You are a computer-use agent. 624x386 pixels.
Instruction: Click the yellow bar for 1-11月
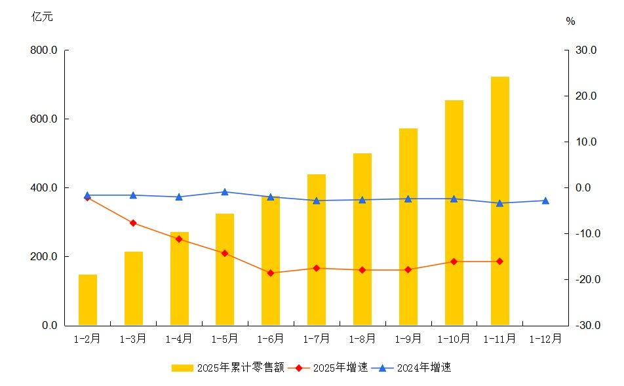click(x=499, y=201)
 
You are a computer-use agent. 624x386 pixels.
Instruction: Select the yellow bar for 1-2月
click(x=88, y=299)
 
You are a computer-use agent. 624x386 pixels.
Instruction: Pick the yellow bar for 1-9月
click(x=408, y=227)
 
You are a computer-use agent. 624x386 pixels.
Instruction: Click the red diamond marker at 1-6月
click(x=271, y=273)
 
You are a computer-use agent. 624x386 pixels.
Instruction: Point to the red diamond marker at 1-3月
click(x=133, y=223)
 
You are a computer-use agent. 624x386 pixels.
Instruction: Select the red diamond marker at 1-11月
click(x=499, y=261)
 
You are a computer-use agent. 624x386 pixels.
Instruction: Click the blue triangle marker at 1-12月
click(x=545, y=201)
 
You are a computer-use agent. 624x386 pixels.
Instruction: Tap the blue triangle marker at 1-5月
click(x=225, y=192)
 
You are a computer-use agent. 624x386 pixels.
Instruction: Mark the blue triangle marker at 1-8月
click(x=362, y=200)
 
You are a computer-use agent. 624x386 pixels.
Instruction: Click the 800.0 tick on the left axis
click(x=44, y=50)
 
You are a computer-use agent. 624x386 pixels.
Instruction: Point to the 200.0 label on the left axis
click(x=44, y=256)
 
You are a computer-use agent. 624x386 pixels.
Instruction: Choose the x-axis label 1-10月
click(x=454, y=339)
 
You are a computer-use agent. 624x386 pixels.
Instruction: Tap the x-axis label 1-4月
click(x=179, y=339)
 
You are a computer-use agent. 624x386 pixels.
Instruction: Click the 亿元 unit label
click(x=42, y=17)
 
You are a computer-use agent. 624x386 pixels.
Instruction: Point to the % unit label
click(x=570, y=22)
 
